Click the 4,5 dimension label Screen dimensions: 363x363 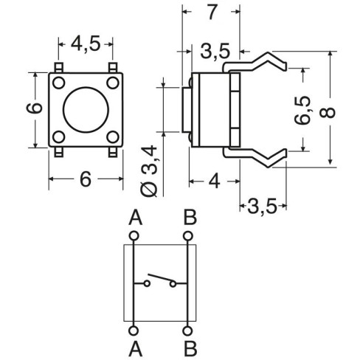coord(86,44)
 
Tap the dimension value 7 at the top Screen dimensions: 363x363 coord(212,13)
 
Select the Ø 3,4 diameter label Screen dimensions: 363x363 coord(149,171)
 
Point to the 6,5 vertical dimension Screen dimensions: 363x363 coord(302,110)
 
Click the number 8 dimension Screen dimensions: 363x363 coord(328,112)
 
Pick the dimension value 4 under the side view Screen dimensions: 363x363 coord(214,181)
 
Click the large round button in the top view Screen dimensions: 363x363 coord(86,110)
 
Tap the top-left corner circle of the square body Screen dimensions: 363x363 coord(59,83)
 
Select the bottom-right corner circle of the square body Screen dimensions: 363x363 coord(113,137)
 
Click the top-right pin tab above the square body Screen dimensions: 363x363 coord(113,68)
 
